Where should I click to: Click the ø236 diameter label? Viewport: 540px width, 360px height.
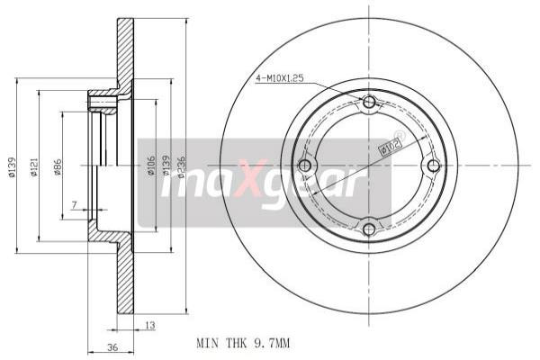point(180,166)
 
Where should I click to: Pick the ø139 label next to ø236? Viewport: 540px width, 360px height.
point(166,166)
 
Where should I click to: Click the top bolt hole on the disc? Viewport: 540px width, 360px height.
point(368,103)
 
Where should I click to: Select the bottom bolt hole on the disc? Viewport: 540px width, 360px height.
point(368,229)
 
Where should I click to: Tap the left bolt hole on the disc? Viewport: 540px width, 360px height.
point(304,166)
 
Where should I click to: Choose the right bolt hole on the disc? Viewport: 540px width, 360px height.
point(433,166)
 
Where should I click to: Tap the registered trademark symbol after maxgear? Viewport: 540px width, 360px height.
point(399,135)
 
